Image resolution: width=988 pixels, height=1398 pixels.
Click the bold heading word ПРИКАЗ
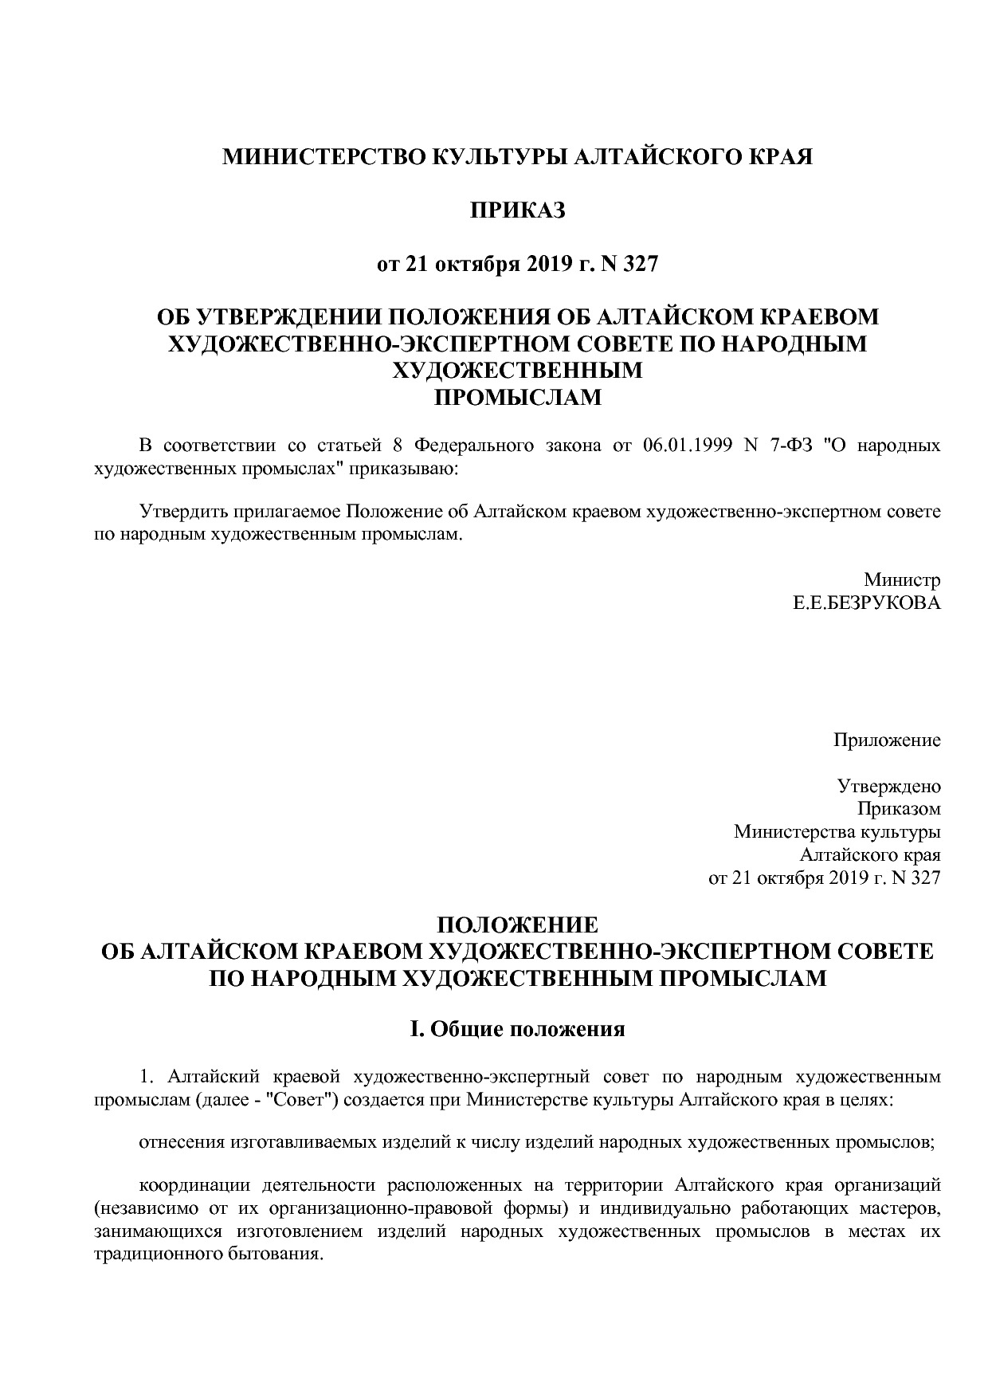(x=517, y=210)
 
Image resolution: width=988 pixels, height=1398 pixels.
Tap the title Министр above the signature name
(x=902, y=579)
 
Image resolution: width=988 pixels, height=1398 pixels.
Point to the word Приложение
(x=887, y=740)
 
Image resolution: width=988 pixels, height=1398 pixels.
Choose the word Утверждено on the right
(x=888, y=787)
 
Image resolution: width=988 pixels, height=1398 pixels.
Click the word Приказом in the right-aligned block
(x=898, y=810)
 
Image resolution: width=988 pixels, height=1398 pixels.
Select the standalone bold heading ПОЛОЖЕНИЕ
(x=517, y=925)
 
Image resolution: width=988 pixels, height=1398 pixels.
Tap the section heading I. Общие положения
(x=517, y=1029)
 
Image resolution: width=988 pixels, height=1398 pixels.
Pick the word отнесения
(x=179, y=1142)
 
